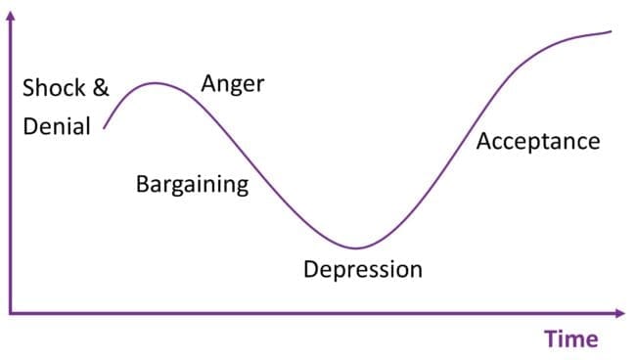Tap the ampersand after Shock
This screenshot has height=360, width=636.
pos(101,89)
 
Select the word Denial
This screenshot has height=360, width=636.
pos(56,126)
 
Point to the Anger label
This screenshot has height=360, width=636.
pos(233,84)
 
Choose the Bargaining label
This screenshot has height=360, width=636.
pos(192,184)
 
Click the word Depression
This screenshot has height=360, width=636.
pos(363,269)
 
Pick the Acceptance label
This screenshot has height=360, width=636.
pos(537,142)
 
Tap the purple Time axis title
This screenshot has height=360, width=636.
pos(570,339)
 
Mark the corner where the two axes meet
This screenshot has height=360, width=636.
pos(11,313)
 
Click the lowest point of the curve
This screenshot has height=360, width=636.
pos(357,247)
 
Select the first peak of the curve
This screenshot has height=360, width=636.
pos(155,83)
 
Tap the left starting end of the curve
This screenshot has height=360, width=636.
pos(104,128)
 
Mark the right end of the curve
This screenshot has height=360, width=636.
pos(612,31)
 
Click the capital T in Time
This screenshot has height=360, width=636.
pos(552,339)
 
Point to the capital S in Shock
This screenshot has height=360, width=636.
pos(28,89)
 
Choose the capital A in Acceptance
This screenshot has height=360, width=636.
pos(483,142)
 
